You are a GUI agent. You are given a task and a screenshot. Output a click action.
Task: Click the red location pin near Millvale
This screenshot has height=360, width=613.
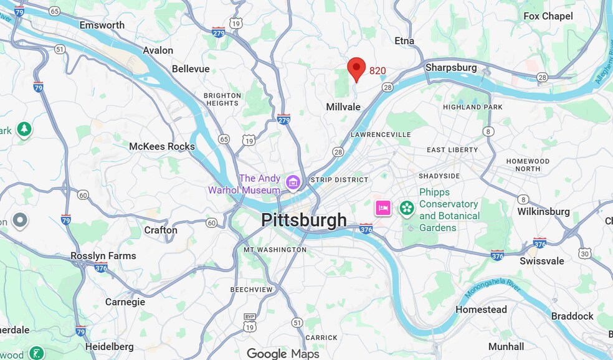click(356, 68)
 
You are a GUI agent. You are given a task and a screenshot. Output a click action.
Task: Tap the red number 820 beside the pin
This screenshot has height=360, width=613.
click(378, 71)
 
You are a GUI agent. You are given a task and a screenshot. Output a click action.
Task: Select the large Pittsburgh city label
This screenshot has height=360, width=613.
click(303, 220)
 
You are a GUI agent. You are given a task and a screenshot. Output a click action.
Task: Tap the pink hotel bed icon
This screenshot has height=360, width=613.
click(383, 207)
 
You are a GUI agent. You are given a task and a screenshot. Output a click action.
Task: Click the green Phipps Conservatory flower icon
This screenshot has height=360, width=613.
click(407, 207)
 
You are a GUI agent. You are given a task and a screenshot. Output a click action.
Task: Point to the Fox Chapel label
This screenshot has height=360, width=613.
click(548, 16)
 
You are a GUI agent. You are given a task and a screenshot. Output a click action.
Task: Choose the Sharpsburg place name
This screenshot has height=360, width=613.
click(451, 67)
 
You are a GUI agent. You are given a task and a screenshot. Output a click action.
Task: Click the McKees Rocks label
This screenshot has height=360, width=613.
click(162, 146)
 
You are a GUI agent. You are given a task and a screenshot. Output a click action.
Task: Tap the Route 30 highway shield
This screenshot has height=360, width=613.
click(584, 252)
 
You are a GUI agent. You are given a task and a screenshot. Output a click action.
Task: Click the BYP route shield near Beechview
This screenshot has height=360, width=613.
click(250, 318)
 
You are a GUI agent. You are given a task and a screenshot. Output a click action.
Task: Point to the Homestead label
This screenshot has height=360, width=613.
click(481, 310)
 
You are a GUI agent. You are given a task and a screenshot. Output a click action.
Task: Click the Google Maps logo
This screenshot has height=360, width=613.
click(283, 353)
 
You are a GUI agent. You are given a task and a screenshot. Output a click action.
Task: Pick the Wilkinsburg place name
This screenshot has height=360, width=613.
click(543, 211)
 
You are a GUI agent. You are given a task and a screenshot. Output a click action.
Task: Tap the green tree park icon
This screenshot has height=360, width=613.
click(24, 129)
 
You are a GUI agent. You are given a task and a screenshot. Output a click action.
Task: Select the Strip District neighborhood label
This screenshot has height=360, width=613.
click(340, 179)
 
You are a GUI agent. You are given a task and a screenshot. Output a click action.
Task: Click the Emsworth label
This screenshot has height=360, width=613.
click(102, 25)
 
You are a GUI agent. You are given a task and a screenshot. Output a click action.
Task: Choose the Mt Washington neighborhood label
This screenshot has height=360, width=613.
click(275, 250)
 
